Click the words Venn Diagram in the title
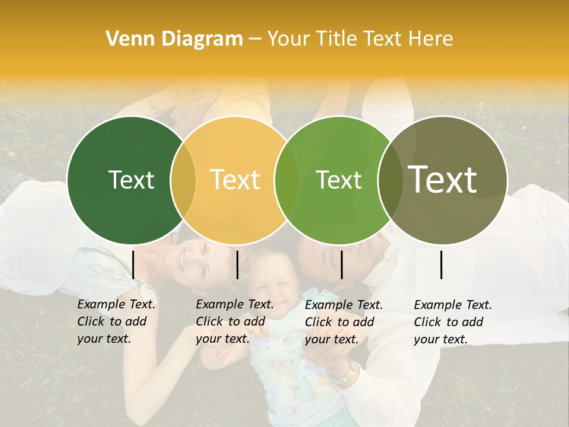click(x=174, y=39)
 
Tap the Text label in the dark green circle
click(x=131, y=180)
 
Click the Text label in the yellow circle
click(x=235, y=180)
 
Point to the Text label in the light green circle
click(x=339, y=180)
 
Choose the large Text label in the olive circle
click(x=443, y=180)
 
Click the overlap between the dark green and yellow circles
click(x=183, y=180)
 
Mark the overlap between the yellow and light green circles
click(x=287, y=180)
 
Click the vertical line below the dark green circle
click(x=133, y=265)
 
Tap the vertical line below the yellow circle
click(x=237, y=265)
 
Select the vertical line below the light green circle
click(x=341, y=265)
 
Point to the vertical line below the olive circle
click(x=442, y=265)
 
